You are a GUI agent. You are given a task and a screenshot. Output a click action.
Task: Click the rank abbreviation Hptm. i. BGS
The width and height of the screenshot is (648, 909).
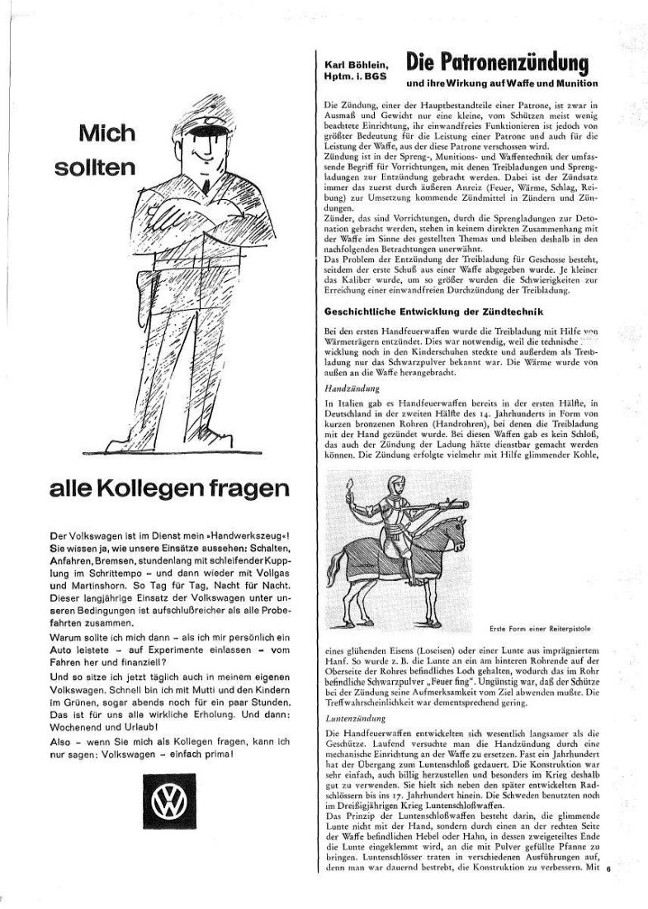(x=356, y=76)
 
